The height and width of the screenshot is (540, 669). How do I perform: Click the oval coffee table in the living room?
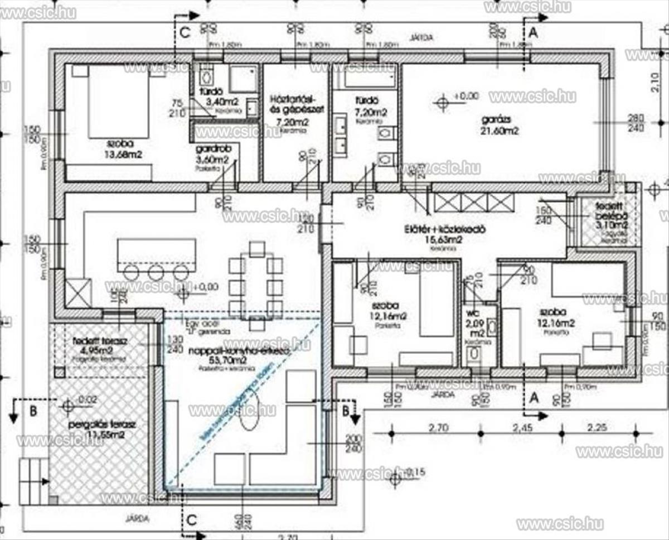click(249, 410)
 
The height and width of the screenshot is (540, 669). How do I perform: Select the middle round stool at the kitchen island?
click(156, 273)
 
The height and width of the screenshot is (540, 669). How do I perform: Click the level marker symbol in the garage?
click(443, 102)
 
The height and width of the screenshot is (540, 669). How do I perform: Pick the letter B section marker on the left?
click(33, 412)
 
